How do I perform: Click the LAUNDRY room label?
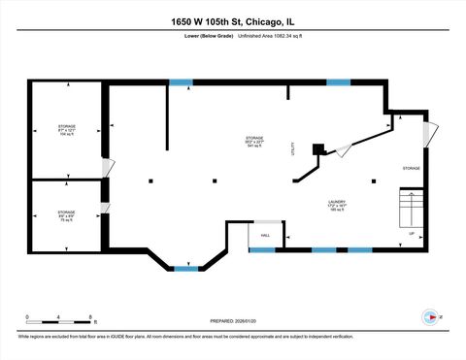[337, 207]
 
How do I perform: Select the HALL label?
[264, 234]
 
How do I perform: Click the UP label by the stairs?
[411, 234]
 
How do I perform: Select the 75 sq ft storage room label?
[66, 214]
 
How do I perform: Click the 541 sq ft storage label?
[254, 143]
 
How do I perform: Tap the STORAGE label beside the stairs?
[412, 168]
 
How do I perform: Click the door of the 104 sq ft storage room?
[109, 167]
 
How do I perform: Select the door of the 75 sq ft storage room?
[108, 208]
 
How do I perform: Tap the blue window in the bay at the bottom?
[185, 268]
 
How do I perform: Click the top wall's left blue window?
[181, 82]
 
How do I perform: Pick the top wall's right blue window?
[338, 82]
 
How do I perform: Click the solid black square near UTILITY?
[317, 148]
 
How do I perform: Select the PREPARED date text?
[232, 320]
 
